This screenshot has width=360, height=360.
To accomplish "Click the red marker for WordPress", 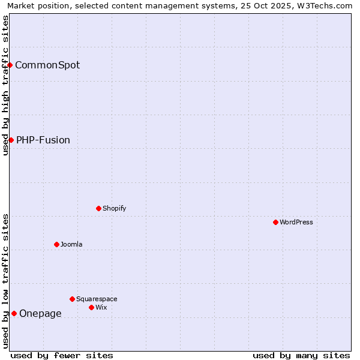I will (275, 222).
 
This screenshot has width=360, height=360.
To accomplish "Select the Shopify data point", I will (98, 208).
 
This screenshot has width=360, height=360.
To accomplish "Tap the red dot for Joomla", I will (56, 244).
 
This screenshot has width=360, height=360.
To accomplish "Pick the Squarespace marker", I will (72, 299).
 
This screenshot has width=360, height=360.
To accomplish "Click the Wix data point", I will (91, 307).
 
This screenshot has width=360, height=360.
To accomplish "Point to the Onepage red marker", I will (14, 313).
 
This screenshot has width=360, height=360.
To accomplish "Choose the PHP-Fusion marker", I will (11, 140).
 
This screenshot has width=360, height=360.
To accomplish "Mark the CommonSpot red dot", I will (10, 65).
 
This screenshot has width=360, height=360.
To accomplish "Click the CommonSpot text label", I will (47, 65).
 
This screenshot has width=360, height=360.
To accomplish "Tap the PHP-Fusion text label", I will (43, 140).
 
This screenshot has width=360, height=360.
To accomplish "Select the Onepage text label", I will (40, 313).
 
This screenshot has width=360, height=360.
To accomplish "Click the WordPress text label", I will (296, 222).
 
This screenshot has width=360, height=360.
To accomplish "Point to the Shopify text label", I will (114, 208).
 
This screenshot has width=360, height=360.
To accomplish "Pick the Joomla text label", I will (71, 244).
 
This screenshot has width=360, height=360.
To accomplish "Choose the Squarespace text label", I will (97, 299).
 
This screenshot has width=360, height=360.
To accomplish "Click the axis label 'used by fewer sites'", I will (62, 355).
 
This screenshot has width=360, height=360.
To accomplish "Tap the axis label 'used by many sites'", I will (301, 355).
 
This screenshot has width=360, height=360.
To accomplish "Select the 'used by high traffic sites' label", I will (5, 85).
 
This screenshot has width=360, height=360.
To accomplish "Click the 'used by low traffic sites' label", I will (5, 281).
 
